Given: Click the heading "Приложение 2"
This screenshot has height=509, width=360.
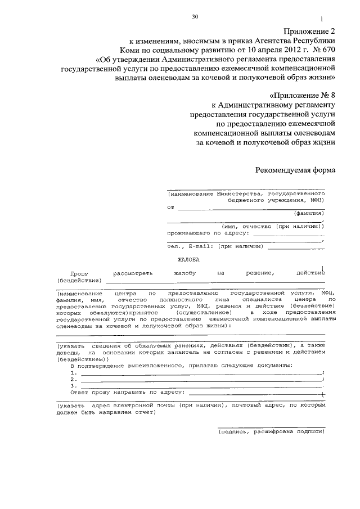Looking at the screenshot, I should pos(309,32).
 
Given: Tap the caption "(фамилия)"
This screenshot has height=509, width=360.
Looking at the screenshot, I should pos(309,214).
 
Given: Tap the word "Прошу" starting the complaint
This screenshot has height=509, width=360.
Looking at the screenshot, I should pos(81,273).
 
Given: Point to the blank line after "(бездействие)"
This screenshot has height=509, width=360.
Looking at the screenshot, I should pos(214,280).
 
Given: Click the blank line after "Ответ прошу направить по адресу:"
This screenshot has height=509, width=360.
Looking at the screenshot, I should pos(256,393).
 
